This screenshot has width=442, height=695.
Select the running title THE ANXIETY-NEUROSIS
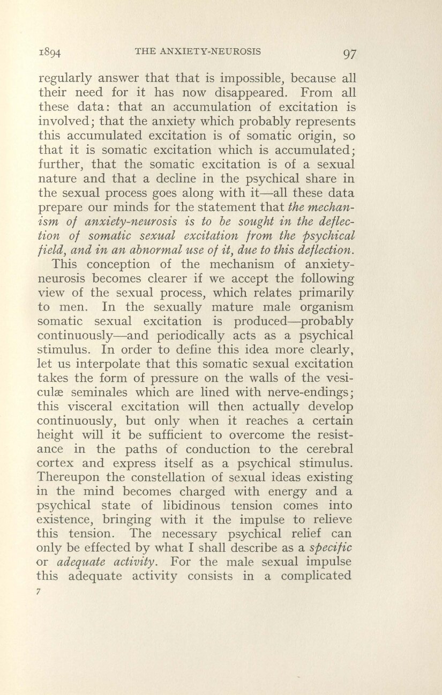199,51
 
